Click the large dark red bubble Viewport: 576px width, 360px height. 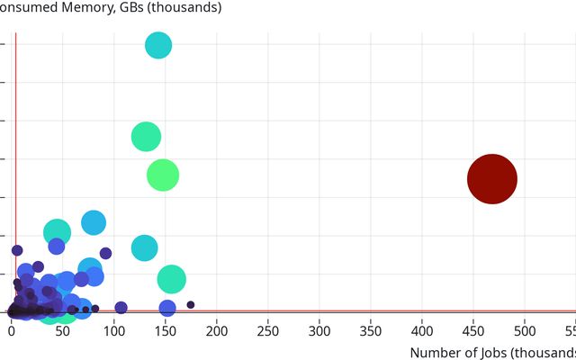pyautogui.click(x=492, y=179)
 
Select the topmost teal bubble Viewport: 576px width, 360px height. pyautogui.click(x=158, y=45)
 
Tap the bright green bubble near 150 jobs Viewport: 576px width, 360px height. pyautogui.click(x=163, y=175)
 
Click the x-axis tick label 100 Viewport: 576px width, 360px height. pyautogui.click(x=114, y=330)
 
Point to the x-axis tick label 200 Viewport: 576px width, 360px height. pyautogui.click(x=217, y=330)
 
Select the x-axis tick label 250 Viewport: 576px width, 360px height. pyautogui.click(x=268, y=330)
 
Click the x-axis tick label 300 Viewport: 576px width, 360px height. pyautogui.click(x=319, y=330)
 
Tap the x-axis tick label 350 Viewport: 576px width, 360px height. pyautogui.click(x=371, y=330)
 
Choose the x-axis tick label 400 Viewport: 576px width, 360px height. pyautogui.click(x=422, y=330)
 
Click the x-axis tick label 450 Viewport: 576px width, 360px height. pyautogui.click(x=473, y=330)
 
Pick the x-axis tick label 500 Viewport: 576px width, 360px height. pyautogui.click(x=525, y=330)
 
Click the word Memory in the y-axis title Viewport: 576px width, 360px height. pyautogui.click(x=88, y=8)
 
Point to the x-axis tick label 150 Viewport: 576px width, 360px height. pyautogui.click(x=166, y=330)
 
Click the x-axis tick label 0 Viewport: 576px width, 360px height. pyautogui.click(x=12, y=330)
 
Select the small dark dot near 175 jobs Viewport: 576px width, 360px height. pyautogui.click(x=191, y=305)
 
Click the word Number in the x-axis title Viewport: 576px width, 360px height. pyautogui.click(x=436, y=353)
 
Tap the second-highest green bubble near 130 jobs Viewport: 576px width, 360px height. pyautogui.click(x=146, y=137)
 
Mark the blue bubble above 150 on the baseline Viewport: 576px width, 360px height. pyautogui.click(x=167, y=309)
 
